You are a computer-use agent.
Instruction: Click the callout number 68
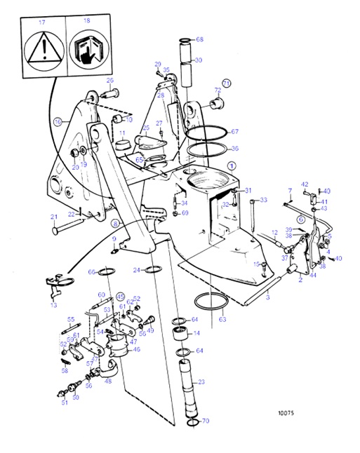199,39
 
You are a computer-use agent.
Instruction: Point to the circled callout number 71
226,82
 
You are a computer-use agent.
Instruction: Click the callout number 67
235,132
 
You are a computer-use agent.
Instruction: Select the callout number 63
222,320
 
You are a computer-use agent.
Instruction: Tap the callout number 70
206,421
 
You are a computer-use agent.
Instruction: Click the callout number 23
201,381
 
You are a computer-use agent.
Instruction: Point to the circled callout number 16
58,121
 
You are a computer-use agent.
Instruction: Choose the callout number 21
53,216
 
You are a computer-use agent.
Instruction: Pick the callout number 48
108,381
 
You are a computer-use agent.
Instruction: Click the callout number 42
305,184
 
